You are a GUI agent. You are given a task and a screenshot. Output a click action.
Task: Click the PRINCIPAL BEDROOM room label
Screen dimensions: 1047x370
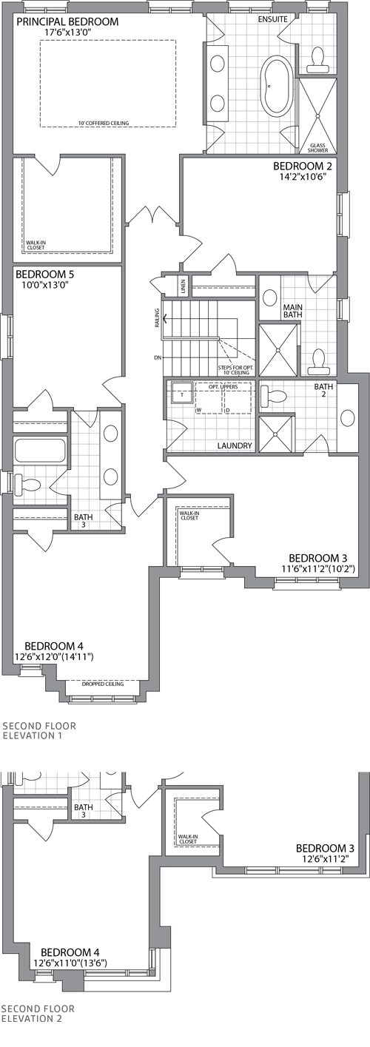pos(67,21)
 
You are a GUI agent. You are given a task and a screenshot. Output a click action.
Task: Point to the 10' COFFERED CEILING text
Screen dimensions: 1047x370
pos(107,123)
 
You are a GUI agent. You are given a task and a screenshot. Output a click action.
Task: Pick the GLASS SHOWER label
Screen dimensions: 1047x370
pos(317,148)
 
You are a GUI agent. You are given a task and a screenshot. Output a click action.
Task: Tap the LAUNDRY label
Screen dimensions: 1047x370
pos(235,446)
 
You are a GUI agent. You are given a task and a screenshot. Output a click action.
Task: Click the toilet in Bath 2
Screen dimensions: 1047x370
pos(272,395)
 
